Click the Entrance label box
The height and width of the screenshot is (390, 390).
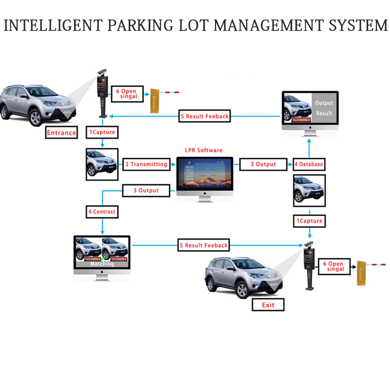coord(61,132)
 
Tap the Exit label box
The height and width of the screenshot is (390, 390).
coord(268,305)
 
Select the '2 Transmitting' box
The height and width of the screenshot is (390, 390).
coord(146,164)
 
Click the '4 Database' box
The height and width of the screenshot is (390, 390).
coord(308,164)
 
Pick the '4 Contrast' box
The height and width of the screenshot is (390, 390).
coord(102,212)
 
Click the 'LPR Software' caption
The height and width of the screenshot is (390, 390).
coord(204,150)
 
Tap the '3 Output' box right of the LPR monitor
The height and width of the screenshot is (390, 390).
coord(263,164)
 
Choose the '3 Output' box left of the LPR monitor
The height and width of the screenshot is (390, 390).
coord(146,190)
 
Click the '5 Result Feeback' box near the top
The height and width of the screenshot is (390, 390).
coord(204,116)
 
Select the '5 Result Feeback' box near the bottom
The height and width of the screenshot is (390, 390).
coord(203,245)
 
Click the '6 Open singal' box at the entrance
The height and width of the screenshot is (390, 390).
coord(126,94)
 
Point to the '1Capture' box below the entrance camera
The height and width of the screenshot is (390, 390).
coord(102,132)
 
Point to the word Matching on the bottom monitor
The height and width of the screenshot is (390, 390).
coord(102,264)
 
